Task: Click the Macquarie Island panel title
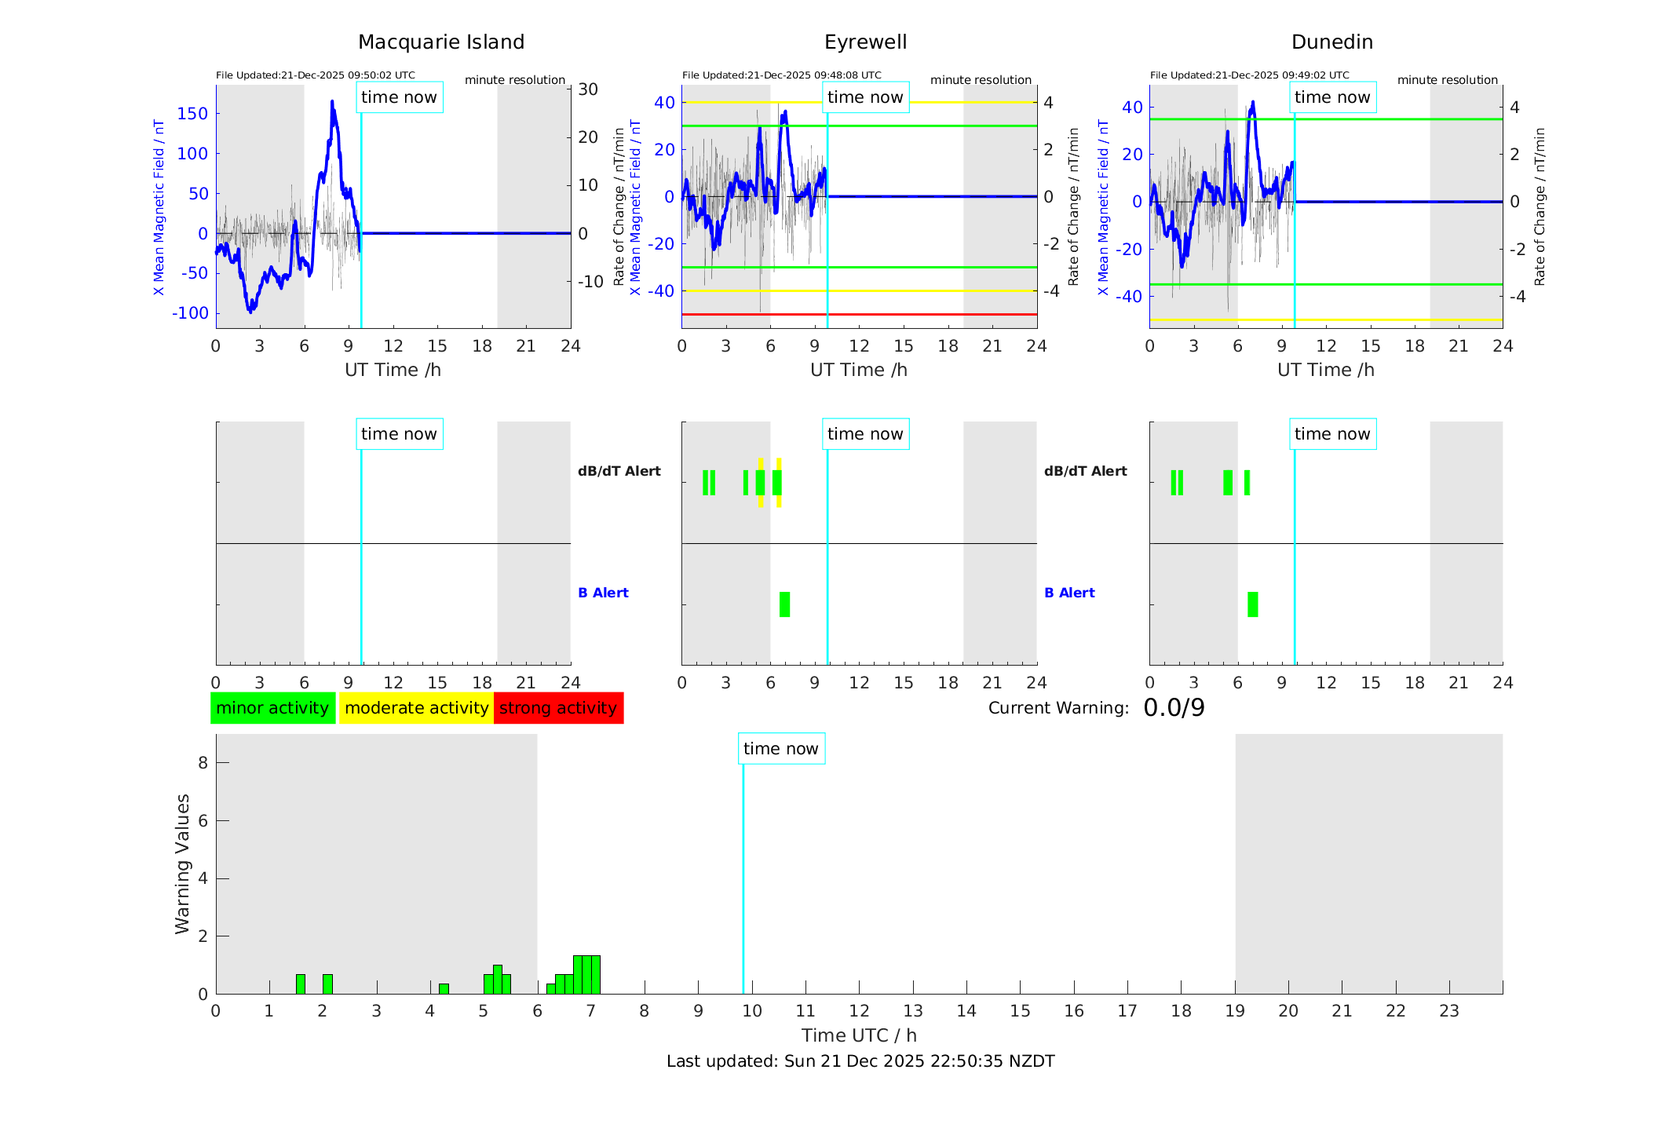coord(441,42)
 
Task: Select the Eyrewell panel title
coord(865,42)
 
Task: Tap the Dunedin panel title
coord(1331,42)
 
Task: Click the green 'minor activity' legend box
coord(272,708)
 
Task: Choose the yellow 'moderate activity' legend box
coord(416,708)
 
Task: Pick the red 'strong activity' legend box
coord(558,708)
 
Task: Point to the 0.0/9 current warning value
coord(1174,708)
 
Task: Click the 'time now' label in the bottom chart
coord(780,749)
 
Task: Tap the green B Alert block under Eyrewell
coord(784,604)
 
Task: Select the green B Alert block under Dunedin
coord(1252,604)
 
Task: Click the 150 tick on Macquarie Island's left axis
coord(192,114)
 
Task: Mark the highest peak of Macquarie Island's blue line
coord(332,102)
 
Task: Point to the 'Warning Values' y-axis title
coord(182,863)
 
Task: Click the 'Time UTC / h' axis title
coord(859,1035)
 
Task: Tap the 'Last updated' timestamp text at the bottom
coord(860,1061)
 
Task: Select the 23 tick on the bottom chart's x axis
coord(1448,1011)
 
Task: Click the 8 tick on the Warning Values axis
coord(203,763)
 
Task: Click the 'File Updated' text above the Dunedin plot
coord(1249,75)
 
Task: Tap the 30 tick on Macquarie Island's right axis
coord(588,89)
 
